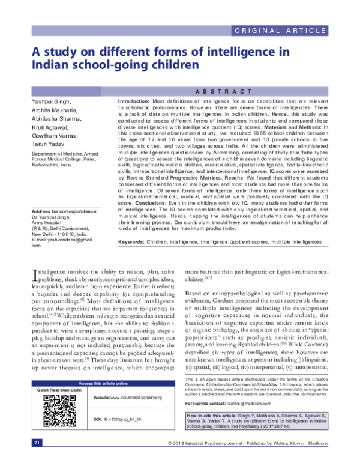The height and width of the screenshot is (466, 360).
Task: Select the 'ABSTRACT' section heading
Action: (222, 91)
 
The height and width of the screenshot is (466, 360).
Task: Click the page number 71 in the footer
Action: (37, 459)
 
